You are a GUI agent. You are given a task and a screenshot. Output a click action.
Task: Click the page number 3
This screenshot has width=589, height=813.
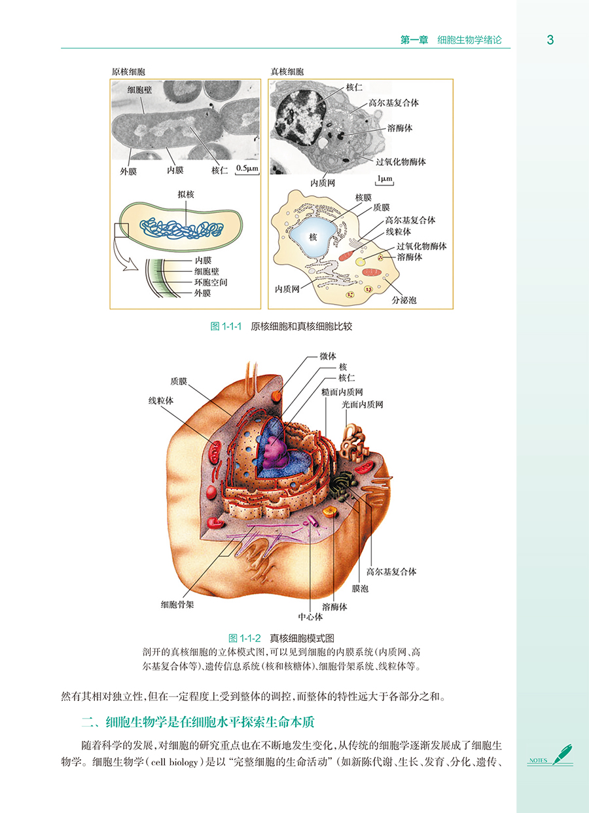click(x=550, y=40)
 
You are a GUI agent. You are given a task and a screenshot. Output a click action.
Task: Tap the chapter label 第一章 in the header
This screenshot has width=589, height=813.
click(x=414, y=40)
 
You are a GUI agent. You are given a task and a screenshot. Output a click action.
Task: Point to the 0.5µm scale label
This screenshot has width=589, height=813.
click(x=247, y=168)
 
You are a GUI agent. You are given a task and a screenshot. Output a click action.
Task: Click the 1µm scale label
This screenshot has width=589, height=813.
click(x=384, y=178)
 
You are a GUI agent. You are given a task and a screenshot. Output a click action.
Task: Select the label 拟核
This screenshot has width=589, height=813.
click(x=185, y=195)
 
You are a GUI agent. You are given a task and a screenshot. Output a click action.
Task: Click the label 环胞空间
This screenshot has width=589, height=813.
click(x=211, y=282)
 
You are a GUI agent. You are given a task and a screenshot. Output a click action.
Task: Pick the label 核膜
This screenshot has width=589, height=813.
click(x=363, y=197)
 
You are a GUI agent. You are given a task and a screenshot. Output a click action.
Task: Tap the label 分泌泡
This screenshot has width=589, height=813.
click(x=404, y=299)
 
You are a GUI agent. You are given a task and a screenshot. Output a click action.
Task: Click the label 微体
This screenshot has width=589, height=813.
click(x=328, y=356)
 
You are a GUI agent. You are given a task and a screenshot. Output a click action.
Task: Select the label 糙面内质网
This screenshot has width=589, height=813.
click(x=342, y=392)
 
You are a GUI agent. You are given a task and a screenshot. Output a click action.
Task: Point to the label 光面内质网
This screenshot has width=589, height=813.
click(x=362, y=405)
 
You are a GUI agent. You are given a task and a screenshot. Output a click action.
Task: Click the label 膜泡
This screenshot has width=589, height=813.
click(x=360, y=589)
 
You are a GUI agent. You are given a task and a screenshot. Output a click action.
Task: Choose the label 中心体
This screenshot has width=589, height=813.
click(x=310, y=616)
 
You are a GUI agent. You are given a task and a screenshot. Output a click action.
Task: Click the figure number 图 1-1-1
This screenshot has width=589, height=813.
click(x=226, y=326)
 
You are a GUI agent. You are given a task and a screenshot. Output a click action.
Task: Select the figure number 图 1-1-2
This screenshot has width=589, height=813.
click(x=245, y=637)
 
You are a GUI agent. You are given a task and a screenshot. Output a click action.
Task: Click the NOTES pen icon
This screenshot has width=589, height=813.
click(x=562, y=754)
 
